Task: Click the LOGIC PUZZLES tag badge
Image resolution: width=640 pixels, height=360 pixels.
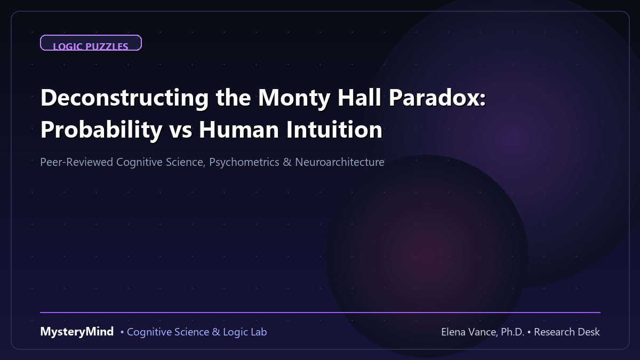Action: tap(91, 43)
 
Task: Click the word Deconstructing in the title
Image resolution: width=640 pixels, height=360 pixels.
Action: tap(125, 98)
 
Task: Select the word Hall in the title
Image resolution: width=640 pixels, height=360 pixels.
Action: tap(359, 97)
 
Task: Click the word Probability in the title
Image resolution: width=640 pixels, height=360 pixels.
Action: tap(101, 130)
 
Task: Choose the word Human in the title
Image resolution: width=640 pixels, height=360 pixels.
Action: tap(239, 130)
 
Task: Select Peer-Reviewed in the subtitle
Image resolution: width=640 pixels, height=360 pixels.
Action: tap(77, 162)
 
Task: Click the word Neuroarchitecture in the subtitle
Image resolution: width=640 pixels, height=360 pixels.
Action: tap(339, 162)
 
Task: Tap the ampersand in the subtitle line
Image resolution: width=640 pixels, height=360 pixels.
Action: tap(287, 162)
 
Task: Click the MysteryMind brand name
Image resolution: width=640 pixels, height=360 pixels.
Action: tap(77, 332)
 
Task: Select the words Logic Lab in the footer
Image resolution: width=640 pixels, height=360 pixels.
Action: tap(245, 332)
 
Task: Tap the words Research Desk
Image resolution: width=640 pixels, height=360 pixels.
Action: tap(567, 332)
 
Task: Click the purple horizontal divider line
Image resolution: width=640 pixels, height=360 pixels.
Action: tap(320, 313)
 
